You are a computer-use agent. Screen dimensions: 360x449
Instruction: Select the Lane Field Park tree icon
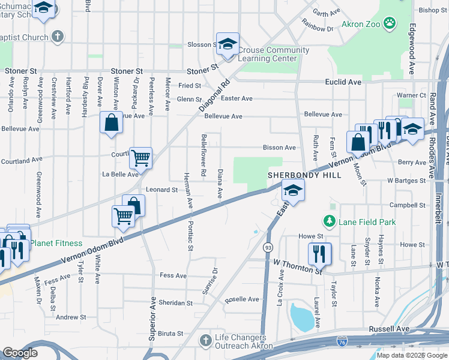330,222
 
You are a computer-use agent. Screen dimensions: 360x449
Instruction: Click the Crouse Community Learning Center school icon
228,44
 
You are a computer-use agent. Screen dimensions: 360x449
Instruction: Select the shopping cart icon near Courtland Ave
140,158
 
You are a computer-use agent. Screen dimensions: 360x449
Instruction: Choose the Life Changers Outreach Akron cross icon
206,340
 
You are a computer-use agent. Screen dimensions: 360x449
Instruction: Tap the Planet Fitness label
56,243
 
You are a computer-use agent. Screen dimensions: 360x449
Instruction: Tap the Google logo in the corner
20,353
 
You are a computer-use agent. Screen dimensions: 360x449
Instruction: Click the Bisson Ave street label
279,148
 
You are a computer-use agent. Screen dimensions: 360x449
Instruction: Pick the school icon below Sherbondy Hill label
292,191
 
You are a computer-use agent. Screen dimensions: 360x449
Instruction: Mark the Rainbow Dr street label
318,28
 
